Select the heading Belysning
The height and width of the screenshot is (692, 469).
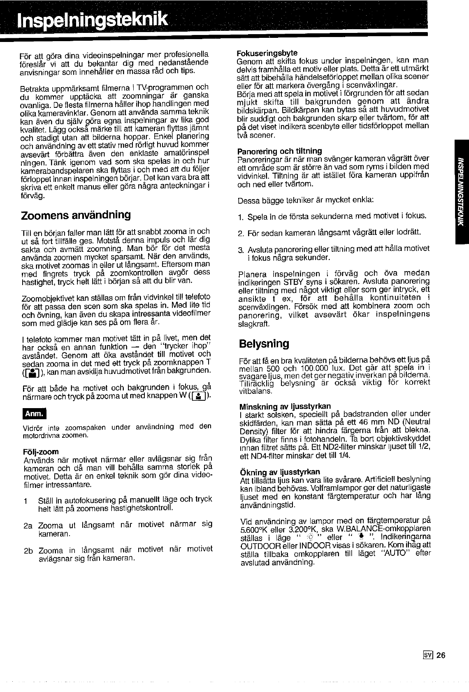tap(264, 343)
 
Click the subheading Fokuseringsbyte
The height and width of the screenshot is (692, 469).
tap(267, 53)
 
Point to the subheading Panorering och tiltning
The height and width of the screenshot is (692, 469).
tap(280, 151)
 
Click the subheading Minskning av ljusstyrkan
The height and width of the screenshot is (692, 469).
tap(285, 406)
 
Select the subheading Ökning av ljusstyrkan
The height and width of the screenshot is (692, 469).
tap(280, 471)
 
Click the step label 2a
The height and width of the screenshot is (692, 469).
tap(28, 525)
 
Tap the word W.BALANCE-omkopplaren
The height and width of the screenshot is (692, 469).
tap(384, 528)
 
